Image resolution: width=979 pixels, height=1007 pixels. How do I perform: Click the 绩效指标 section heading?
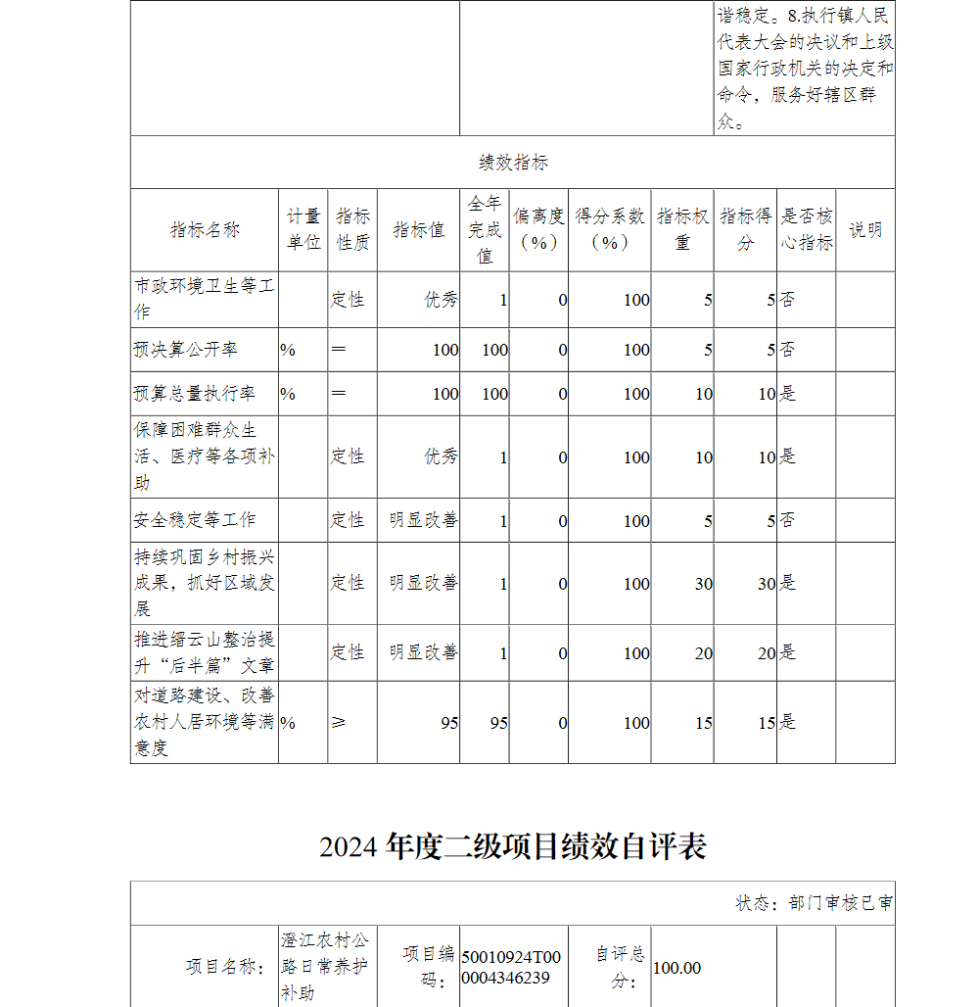(x=513, y=163)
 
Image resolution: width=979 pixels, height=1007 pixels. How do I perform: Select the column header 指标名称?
(x=205, y=230)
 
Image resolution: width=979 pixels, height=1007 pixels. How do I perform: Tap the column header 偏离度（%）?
(x=538, y=230)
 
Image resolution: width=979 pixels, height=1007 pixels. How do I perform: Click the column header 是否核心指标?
(x=807, y=230)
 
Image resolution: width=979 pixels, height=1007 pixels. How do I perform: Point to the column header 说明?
(x=865, y=230)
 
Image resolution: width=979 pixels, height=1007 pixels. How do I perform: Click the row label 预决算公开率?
(x=186, y=350)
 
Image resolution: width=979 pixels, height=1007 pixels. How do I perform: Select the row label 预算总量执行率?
(x=195, y=394)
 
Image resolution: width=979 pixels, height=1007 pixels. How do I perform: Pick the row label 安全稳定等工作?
(x=195, y=520)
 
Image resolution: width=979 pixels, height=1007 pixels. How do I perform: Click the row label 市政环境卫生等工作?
(x=205, y=299)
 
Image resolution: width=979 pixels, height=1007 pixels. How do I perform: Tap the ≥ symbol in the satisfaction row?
(x=339, y=723)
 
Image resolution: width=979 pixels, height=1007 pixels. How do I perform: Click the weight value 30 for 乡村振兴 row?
(x=703, y=584)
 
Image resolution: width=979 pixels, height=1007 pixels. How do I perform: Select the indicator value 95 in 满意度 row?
(x=448, y=723)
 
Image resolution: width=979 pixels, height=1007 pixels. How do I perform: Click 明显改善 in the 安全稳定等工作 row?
(x=423, y=520)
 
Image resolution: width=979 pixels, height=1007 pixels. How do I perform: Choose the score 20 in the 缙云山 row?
(x=766, y=653)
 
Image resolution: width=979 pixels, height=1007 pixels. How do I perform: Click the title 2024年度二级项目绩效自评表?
(x=513, y=846)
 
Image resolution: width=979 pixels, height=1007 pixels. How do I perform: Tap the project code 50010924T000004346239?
(x=511, y=968)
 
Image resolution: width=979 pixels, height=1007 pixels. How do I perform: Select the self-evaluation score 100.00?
(x=676, y=968)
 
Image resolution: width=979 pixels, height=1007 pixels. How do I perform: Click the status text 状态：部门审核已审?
(x=815, y=903)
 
